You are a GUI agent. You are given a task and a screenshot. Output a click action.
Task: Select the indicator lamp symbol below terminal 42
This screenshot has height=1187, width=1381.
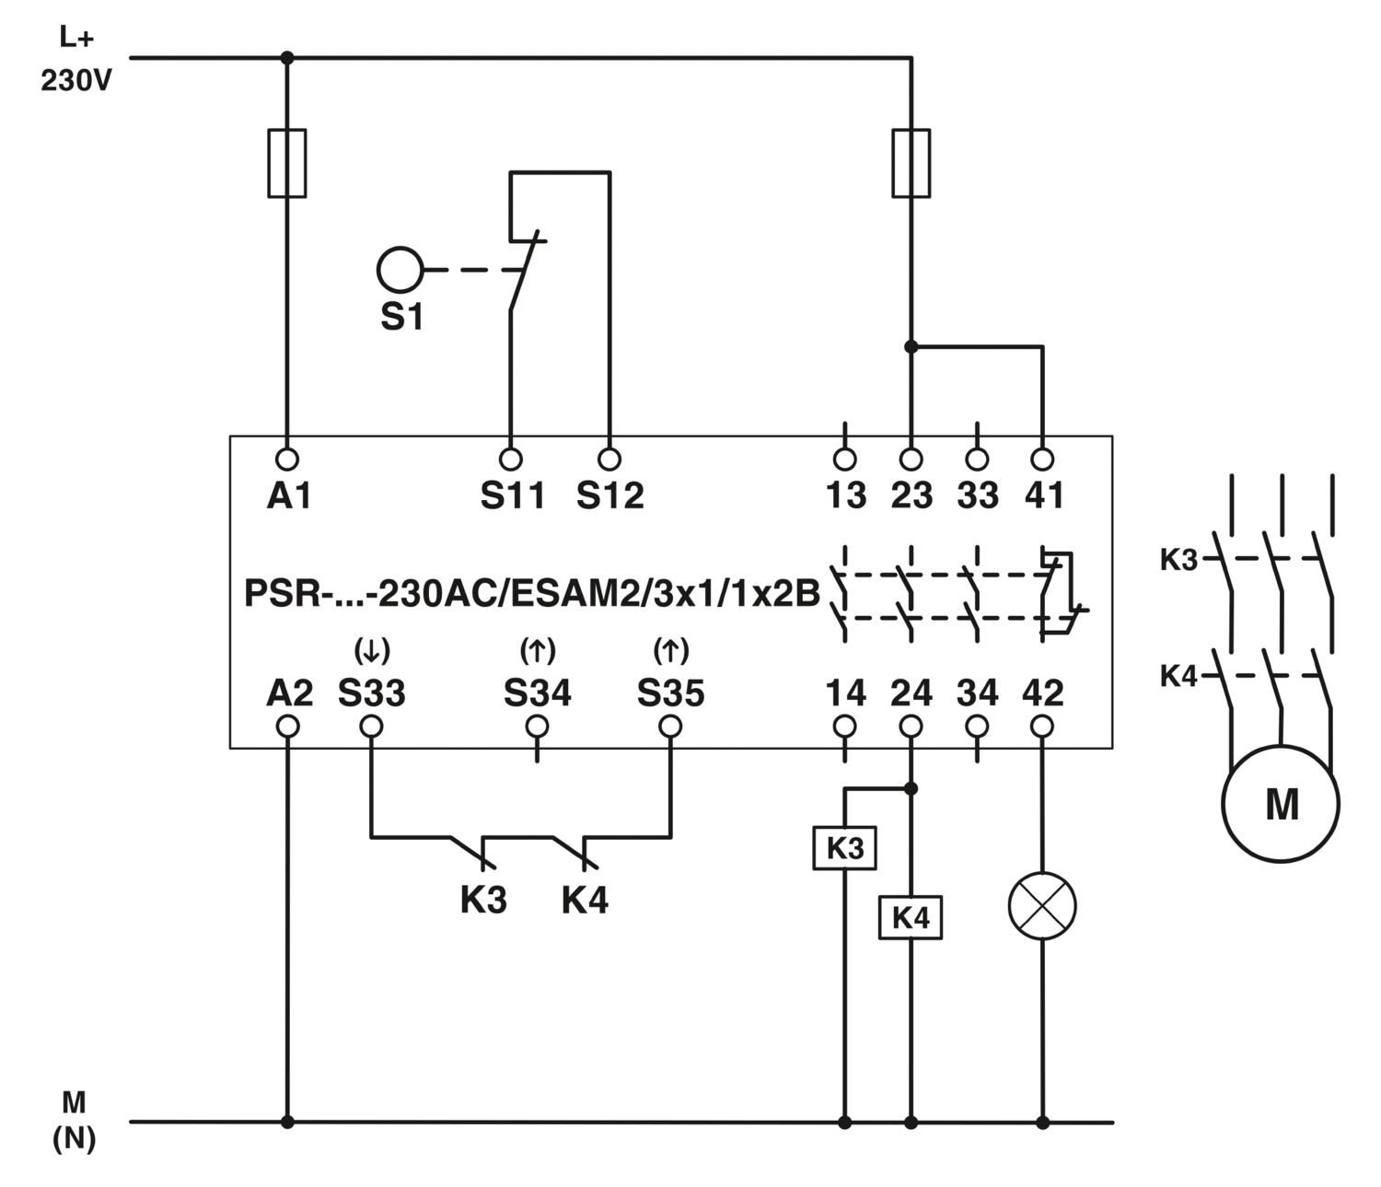click(1041, 906)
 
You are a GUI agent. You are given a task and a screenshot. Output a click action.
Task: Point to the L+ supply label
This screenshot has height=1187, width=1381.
click(76, 38)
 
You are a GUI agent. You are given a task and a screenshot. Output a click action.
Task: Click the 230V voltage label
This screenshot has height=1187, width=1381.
click(76, 81)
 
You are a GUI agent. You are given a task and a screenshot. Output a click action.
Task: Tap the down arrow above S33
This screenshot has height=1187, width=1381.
click(371, 649)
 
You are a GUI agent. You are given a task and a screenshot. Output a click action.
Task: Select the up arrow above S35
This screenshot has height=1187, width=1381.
click(671, 649)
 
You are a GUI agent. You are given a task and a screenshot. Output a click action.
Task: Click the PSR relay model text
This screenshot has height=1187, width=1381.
click(532, 593)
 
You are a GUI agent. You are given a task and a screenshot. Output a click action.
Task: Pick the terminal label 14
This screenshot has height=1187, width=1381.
click(845, 692)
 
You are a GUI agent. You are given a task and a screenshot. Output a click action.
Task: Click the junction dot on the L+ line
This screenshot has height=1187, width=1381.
click(286, 58)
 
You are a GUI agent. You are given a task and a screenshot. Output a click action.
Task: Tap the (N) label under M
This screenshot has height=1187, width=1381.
click(75, 1138)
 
